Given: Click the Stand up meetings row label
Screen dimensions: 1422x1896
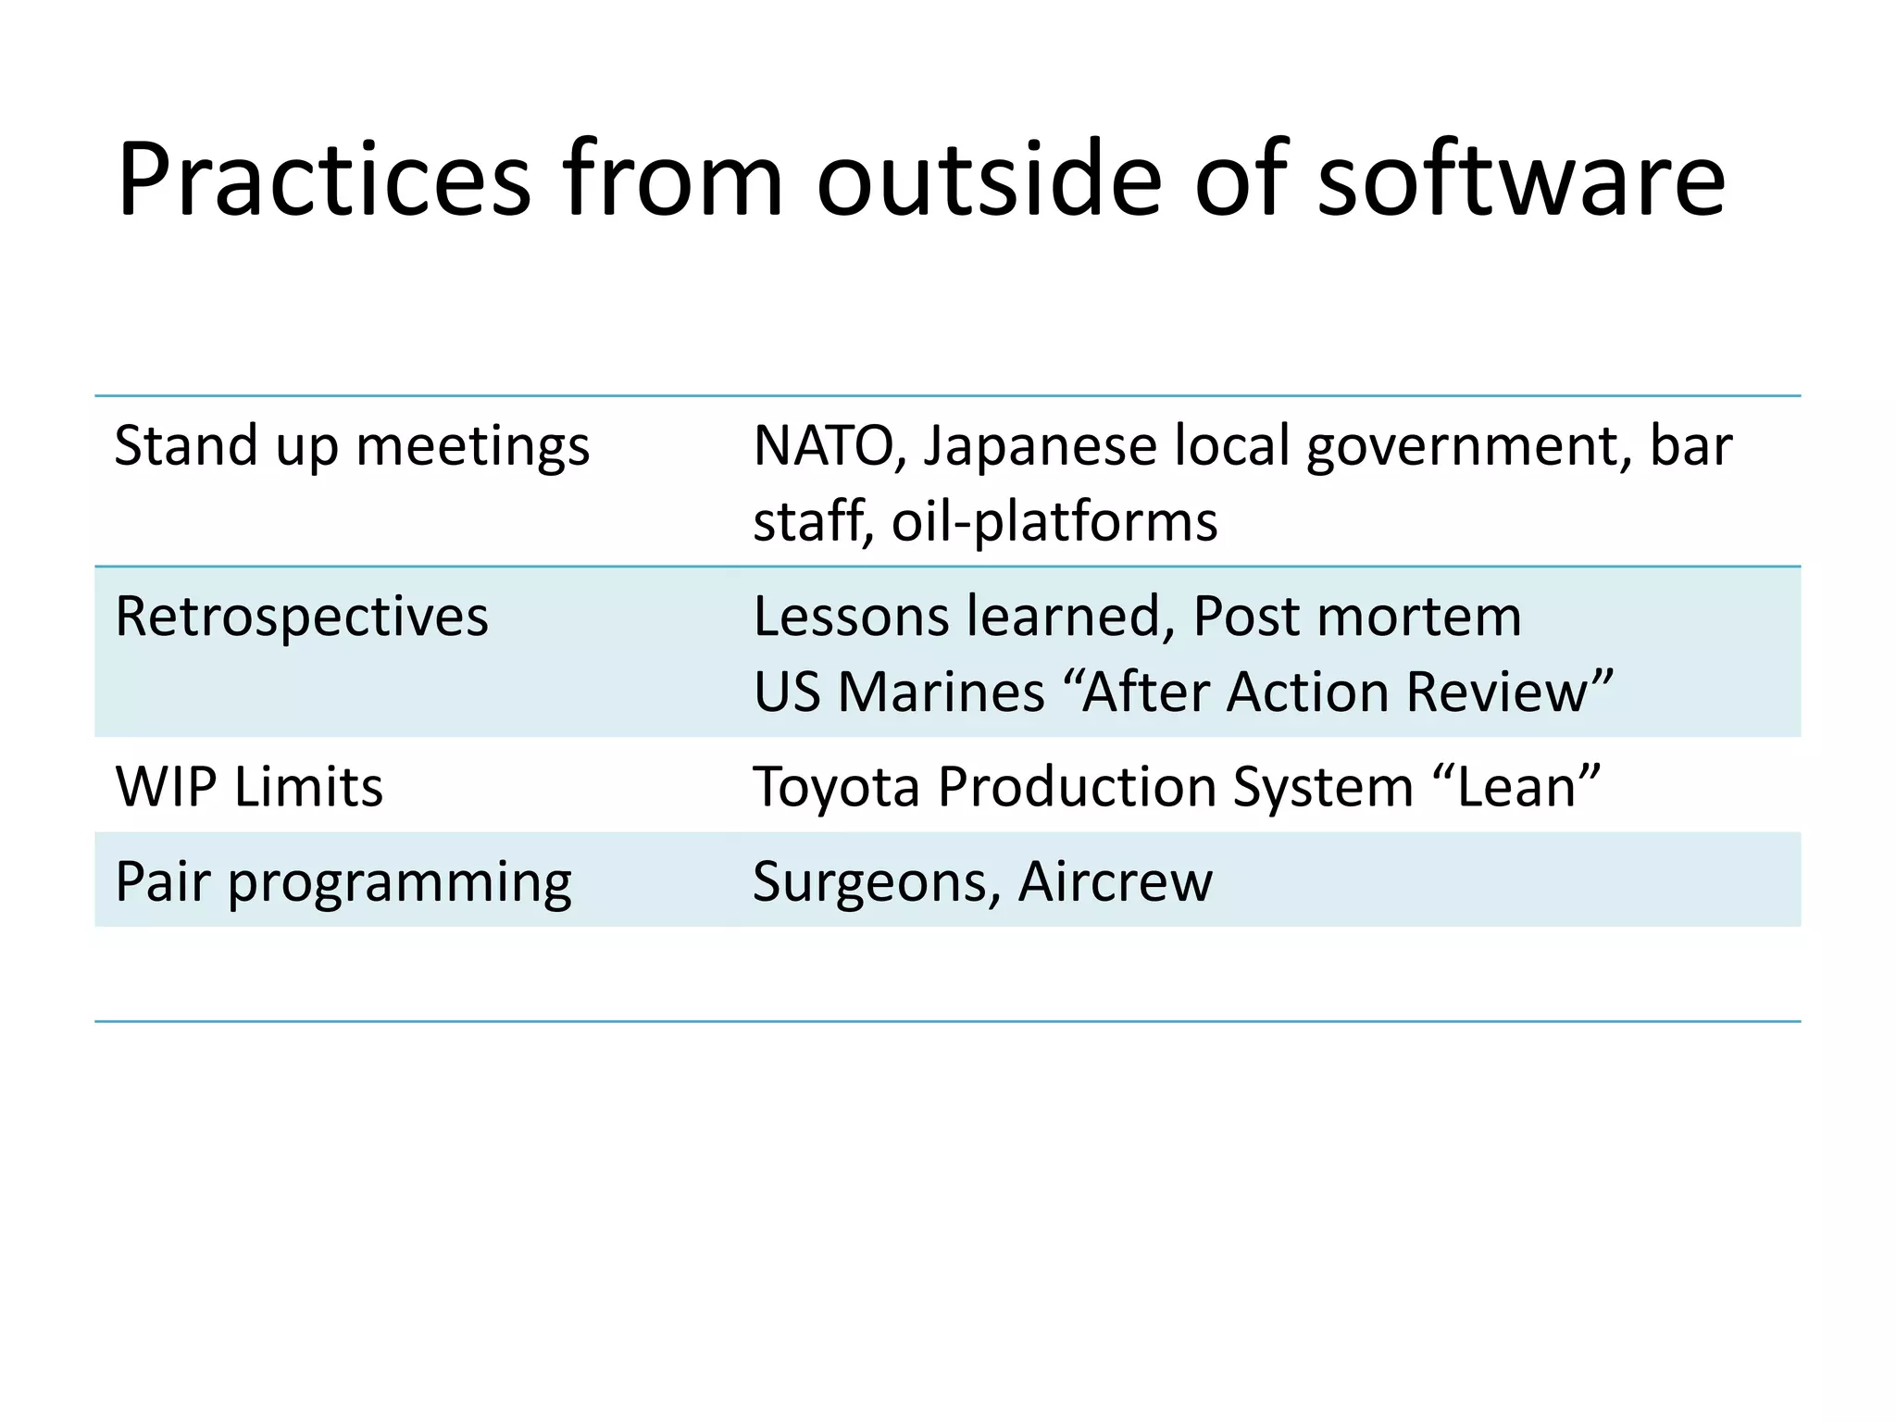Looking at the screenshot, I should point(352,447).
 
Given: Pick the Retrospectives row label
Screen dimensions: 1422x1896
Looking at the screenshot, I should point(301,617).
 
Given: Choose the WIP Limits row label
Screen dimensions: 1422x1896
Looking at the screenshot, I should point(249,788).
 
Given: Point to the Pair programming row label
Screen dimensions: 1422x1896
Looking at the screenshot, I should point(343,882).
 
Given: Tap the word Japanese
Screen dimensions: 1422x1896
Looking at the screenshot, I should point(1040,447).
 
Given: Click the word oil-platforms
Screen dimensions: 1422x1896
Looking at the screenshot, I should point(1054,522).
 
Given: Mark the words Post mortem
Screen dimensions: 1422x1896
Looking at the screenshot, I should point(1357,617).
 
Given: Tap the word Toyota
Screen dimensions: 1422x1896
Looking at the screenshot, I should point(836,788).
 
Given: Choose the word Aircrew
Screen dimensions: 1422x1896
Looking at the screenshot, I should point(1116,882).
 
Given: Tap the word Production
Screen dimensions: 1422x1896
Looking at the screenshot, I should point(1075,788).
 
